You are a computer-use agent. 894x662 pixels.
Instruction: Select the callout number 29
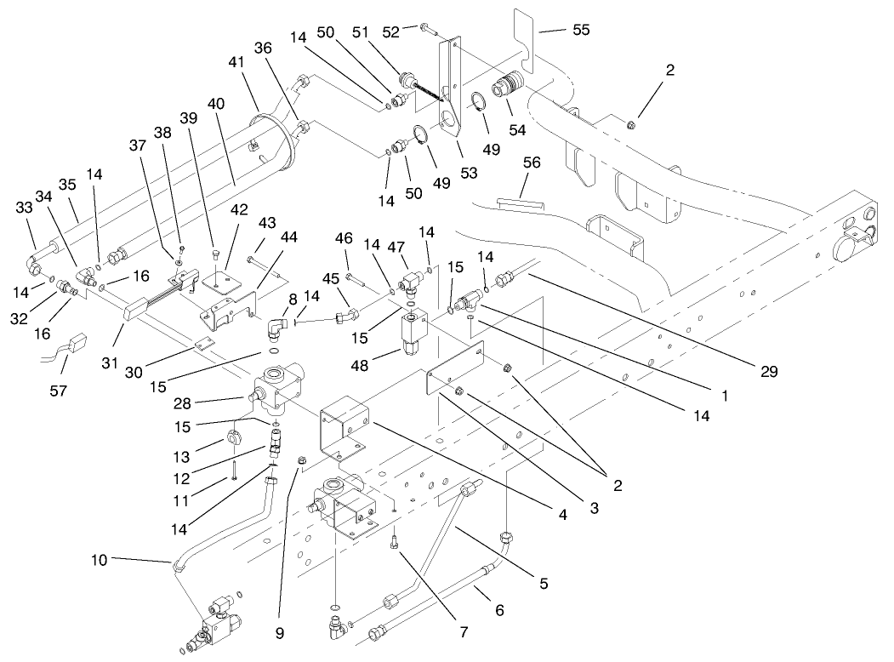(771, 372)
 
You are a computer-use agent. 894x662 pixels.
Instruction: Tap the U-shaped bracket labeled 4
(345, 434)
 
